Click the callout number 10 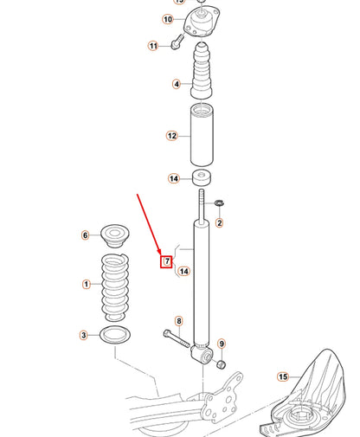[x=167, y=19]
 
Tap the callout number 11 [x=153, y=45]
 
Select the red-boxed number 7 [x=167, y=260]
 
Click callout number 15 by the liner [x=282, y=376]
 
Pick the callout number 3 [x=85, y=235]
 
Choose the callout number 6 [x=85, y=235]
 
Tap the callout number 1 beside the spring [x=86, y=284]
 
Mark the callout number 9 [x=222, y=344]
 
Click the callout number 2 [x=219, y=223]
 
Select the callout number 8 [x=178, y=321]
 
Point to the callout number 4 [x=177, y=85]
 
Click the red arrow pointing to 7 [x=151, y=225]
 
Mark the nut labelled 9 [x=220, y=363]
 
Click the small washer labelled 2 [x=220, y=203]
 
